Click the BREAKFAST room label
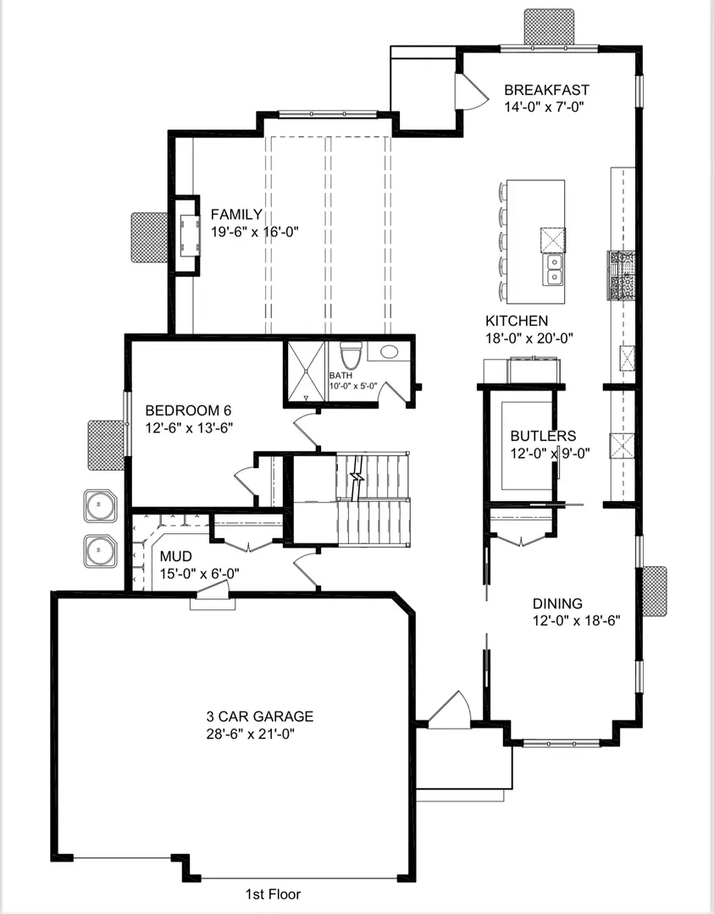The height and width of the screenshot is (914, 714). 546,90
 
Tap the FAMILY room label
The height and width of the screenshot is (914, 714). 236,215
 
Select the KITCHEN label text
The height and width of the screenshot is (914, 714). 517,322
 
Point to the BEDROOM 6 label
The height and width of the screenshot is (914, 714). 188,410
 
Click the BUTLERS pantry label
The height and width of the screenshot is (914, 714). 543,437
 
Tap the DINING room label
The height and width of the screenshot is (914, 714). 557,603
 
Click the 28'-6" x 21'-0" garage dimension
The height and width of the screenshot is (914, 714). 252,733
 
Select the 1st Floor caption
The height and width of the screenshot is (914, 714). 273,894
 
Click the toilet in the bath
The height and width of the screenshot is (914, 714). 351,354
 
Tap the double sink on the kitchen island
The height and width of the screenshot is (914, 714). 554,270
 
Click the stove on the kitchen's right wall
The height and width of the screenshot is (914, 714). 621,276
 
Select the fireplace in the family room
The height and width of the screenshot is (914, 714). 188,234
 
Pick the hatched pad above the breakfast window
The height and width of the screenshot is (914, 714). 550,26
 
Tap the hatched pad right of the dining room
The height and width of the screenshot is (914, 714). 654,592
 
